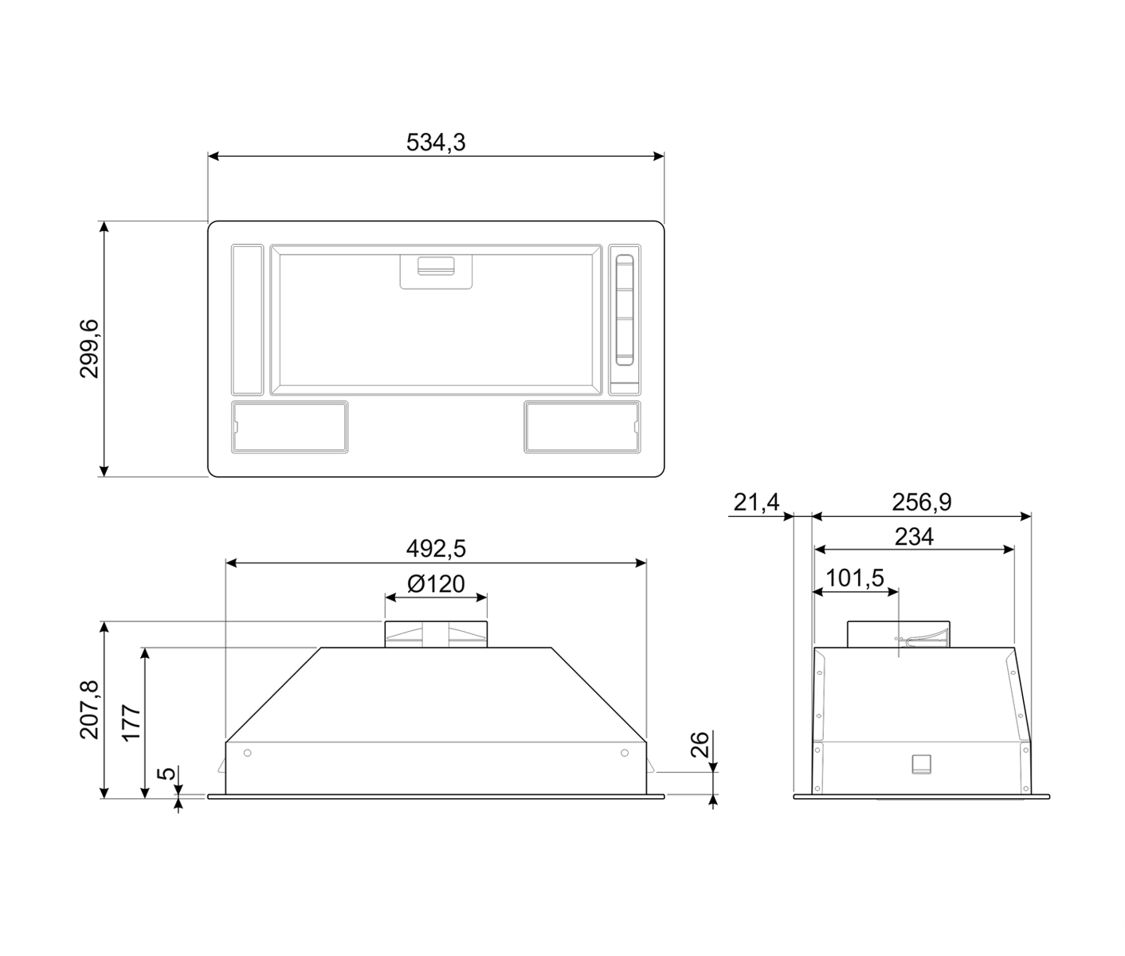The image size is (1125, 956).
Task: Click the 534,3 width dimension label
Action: [x=436, y=143]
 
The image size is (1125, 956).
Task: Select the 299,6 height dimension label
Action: [x=89, y=349]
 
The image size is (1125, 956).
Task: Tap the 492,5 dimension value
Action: [x=436, y=549]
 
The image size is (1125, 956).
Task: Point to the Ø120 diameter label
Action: [x=436, y=584]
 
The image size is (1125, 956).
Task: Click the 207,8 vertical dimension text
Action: [x=89, y=710]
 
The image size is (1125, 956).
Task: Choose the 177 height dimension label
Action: [x=131, y=723]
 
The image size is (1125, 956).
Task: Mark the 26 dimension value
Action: [x=700, y=744]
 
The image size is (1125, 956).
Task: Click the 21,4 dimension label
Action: [x=757, y=502]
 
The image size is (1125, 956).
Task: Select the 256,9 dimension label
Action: [x=922, y=502]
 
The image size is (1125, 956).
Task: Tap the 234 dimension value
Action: [x=915, y=537]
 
